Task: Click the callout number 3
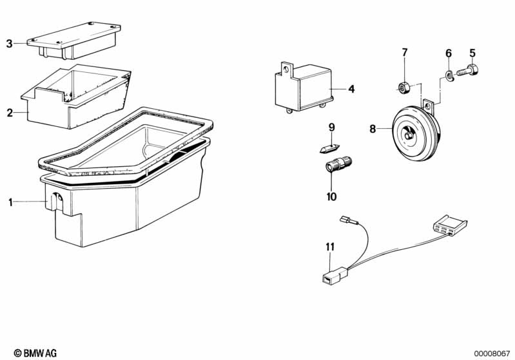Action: pos(9,43)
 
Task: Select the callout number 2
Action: pos(10,113)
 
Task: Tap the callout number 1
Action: pos(10,202)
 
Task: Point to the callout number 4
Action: pos(351,89)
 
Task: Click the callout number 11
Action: pos(330,247)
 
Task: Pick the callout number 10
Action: pos(331,196)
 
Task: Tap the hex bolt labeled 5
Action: pos(468,71)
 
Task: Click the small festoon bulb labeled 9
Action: pos(329,148)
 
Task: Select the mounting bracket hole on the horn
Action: pos(427,106)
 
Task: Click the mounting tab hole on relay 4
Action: pos(286,69)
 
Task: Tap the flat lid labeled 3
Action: pos(74,41)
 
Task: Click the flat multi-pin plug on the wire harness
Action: pos(450,226)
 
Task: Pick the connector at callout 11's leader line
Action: pos(334,276)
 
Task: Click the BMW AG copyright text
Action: pos(35,353)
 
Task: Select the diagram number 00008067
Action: pos(491,354)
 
